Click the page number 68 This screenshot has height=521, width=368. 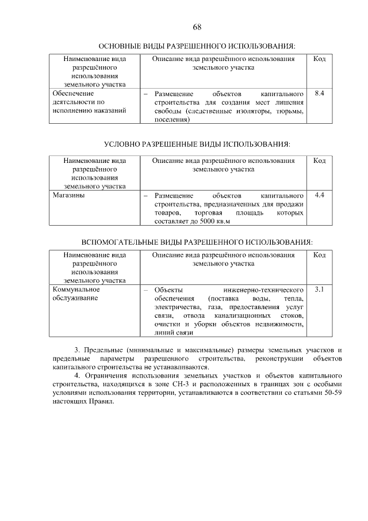point(197,27)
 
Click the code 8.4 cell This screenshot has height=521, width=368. point(320,93)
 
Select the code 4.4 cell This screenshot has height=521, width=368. point(320,195)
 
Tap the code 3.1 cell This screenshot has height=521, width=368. point(320,289)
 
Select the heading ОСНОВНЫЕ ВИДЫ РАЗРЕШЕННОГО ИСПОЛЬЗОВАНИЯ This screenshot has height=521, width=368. point(197,45)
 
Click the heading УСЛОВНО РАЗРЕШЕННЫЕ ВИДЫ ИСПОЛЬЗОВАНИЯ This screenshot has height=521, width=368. point(197,143)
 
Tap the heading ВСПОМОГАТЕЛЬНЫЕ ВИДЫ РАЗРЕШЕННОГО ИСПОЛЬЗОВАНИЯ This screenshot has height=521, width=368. point(197,242)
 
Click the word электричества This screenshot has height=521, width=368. point(176,307)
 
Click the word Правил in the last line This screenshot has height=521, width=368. point(101,402)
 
